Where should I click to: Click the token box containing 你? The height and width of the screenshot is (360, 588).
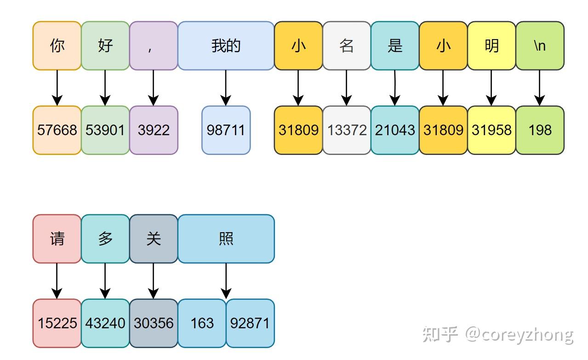tap(57, 46)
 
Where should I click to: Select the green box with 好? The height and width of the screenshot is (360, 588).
tap(105, 46)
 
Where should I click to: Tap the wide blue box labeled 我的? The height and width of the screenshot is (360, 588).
tap(226, 46)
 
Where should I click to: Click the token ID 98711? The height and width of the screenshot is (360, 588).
tap(226, 130)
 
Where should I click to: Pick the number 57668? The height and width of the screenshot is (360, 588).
tap(57, 130)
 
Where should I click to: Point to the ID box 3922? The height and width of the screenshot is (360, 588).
tap(154, 130)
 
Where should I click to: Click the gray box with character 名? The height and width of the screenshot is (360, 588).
tap(347, 46)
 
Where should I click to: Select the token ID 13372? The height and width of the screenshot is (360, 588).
tap(347, 130)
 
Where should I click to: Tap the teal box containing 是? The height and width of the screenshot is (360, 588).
tap(395, 46)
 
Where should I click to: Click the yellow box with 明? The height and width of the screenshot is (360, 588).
tap(491, 46)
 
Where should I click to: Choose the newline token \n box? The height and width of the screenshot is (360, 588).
tap(540, 46)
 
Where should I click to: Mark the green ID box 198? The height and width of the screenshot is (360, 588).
tap(540, 130)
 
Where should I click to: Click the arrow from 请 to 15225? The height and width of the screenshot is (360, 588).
tap(57, 281)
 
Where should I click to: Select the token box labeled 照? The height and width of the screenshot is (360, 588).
tap(226, 239)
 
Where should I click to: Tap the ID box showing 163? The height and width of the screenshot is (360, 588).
tap(202, 323)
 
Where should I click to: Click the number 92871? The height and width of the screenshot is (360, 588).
tap(250, 323)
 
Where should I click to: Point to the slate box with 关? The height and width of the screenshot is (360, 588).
tap(154, 239)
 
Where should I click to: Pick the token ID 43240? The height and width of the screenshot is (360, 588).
tap(105, 323)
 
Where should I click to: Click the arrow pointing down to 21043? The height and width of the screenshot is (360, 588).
tap(395, 88)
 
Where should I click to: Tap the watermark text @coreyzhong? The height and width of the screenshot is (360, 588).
tap(519, 334)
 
